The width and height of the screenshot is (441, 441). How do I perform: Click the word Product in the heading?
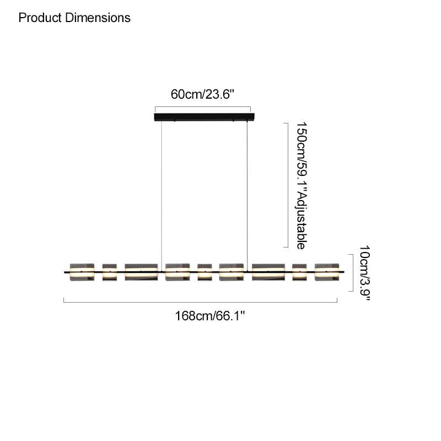40,18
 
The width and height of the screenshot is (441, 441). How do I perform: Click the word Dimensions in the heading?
98,18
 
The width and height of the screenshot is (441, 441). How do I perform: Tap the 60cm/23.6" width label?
202,94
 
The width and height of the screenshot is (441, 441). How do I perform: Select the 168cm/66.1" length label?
210,316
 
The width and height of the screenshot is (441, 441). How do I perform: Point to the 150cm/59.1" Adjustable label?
302,186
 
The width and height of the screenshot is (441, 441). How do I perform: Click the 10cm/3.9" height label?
365,273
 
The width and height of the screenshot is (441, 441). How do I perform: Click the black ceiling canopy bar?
204,117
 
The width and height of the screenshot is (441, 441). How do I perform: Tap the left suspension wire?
162,196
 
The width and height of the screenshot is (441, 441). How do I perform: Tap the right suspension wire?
247,196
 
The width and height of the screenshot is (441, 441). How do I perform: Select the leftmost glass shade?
82,272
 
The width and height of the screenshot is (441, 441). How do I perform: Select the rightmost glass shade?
327,272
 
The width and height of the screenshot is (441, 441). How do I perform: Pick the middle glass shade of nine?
205,272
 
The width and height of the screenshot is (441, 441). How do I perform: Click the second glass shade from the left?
110,272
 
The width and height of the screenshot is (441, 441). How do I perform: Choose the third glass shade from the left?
141,272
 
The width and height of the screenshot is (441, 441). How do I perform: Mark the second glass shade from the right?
299,272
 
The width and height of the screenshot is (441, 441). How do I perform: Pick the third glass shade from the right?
268,272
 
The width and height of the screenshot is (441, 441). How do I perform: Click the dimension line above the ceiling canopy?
203,107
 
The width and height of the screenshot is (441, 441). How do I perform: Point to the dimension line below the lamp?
200,302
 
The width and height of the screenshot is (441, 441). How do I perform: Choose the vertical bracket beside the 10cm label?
353,273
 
